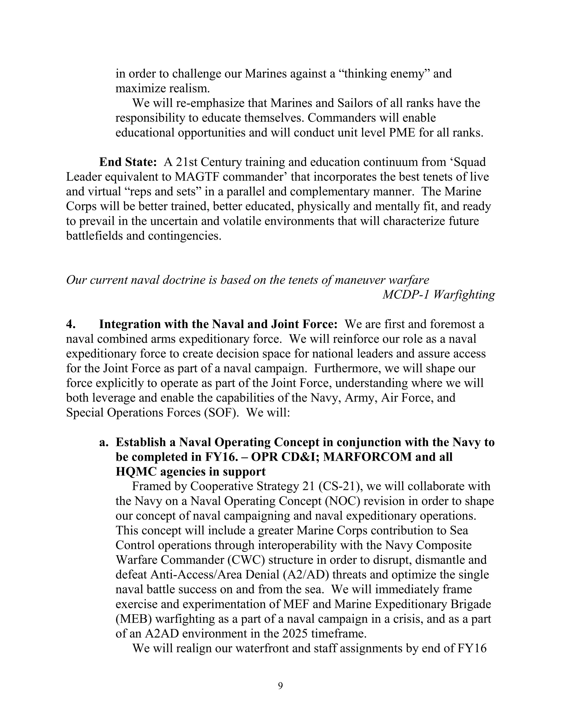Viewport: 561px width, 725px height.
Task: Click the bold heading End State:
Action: (x=128, y=162)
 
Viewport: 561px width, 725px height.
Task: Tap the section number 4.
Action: (x=71, y=324)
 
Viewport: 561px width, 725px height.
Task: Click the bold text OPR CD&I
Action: (x=283, y=457)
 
